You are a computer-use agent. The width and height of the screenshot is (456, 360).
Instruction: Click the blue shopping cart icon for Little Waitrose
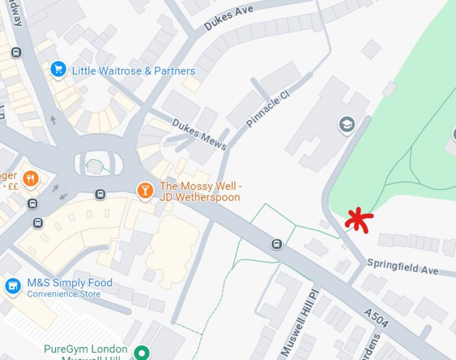tap(58, 70)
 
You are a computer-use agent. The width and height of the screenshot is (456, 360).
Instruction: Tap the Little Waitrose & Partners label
tap(134, 71)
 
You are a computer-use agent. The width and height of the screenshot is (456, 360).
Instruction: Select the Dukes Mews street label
tap(192, 134)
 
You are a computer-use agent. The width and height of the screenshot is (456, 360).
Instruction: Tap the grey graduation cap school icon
tap(346, 124)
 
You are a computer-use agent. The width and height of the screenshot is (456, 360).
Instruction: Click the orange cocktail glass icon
tap(144, 190)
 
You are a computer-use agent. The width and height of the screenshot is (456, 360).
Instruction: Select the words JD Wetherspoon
tap(199, 197)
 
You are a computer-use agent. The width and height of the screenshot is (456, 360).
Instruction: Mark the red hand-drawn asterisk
tap(358, 220)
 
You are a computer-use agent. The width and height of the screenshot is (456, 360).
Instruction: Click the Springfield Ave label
tap(403, 267)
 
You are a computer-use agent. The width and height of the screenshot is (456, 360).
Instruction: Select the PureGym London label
tap(86, 349)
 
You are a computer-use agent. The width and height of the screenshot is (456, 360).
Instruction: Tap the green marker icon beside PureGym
tap(141, 353)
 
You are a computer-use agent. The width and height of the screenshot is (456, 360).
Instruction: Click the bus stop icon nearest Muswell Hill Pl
tap(277, 244)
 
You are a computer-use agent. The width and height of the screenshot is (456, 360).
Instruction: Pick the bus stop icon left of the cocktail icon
tap(100, 194)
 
